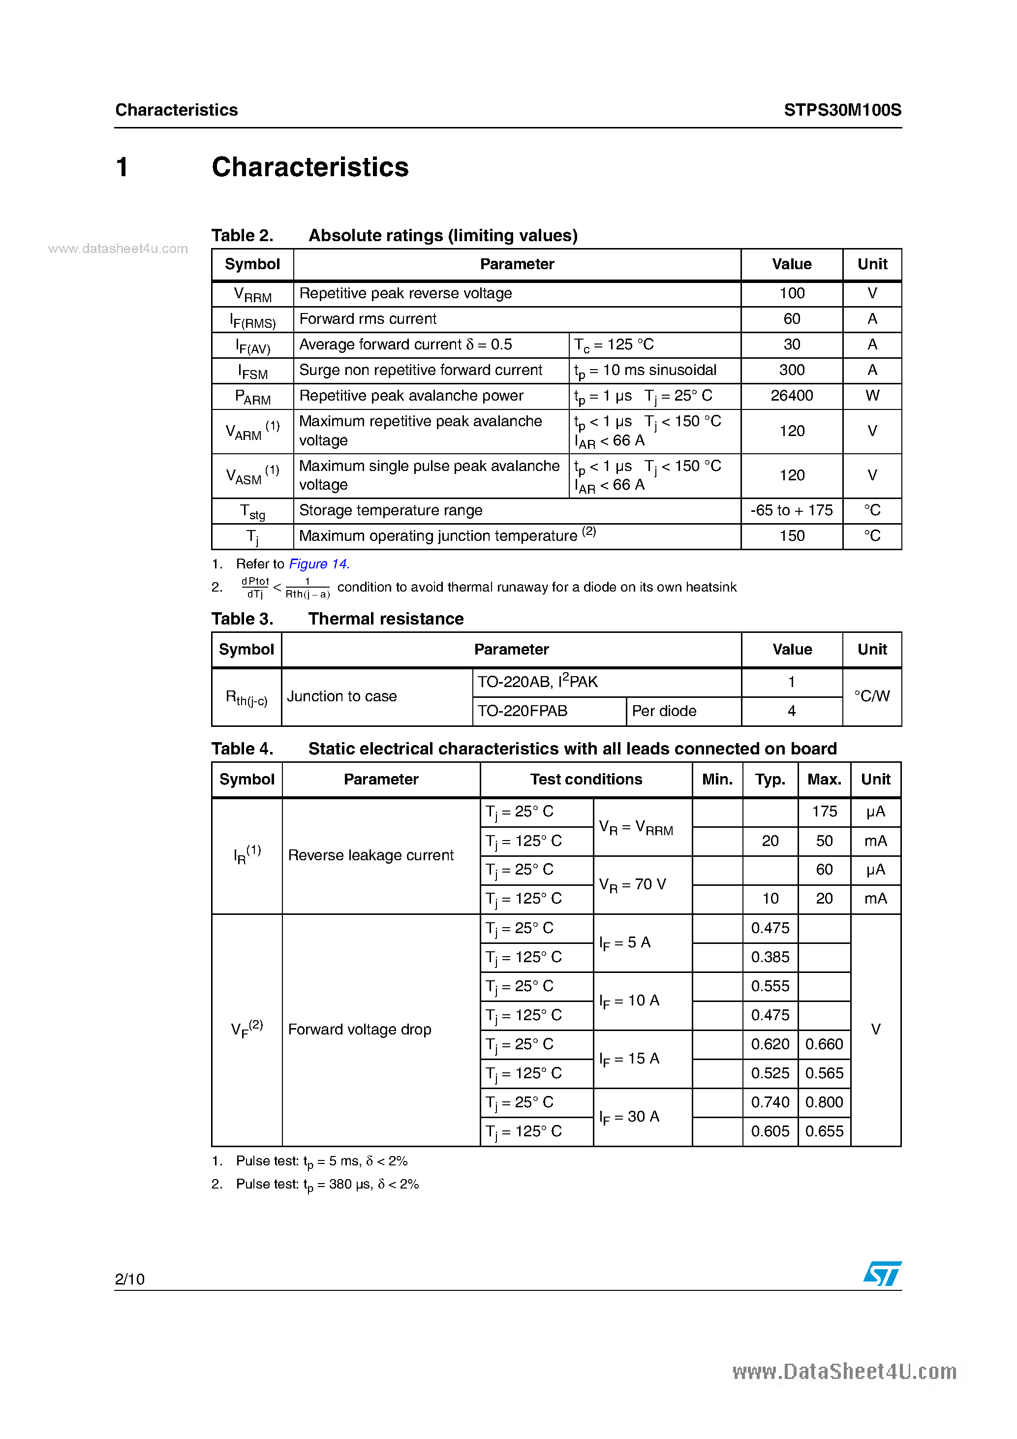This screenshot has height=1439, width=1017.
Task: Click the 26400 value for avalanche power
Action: coord(792,396)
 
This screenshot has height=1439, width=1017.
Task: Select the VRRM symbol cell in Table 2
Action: coord(252,295)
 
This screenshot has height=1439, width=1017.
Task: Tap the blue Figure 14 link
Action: coord(318,564)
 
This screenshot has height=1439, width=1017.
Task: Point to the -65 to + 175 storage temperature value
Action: coord(792,510)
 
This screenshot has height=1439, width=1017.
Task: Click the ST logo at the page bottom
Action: coord(882,1274)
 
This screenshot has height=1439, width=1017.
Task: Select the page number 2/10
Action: coord(130,1279)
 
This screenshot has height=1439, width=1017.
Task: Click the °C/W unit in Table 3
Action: coord(872,696)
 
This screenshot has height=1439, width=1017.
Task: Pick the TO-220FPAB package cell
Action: coord(523,711)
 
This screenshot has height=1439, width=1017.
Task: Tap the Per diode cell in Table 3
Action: coord(664,711)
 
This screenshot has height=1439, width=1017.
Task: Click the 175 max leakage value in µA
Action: coord(824,812)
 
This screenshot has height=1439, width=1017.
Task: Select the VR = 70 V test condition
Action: coord(632,884)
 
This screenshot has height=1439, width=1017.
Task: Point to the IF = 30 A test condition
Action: coord(629,1117)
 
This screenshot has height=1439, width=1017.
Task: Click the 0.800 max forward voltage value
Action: coord(824,1102)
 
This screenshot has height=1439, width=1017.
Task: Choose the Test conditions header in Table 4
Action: coord(586,779)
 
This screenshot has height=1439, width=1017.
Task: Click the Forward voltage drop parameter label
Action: coord(360,1030)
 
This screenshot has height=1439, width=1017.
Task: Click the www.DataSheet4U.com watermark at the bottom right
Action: coord(844,1372)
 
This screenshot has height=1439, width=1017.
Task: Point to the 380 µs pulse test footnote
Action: coord(327,1185)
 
